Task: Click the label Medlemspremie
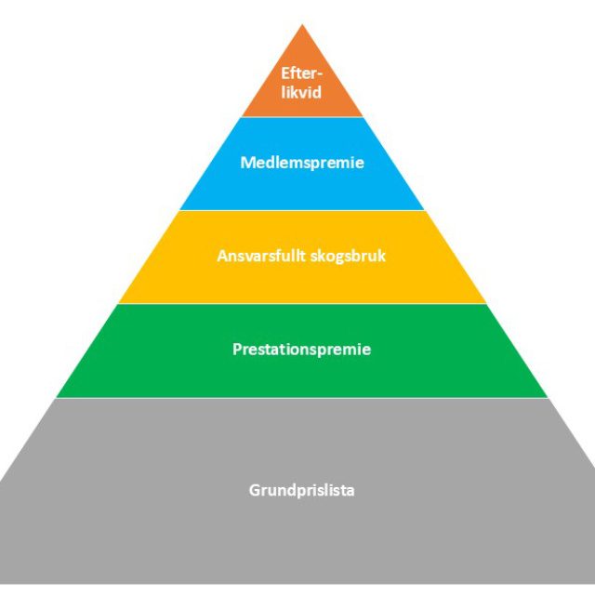(302, 164)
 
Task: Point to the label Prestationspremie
(302, 350)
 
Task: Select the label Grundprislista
(302, 490)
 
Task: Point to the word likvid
(302, 94)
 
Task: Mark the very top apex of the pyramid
(302, 27)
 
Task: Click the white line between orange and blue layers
(302, 117)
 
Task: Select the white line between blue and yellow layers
(302, 210)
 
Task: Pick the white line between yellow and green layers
(302, 304)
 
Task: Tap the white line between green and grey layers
(302, 398)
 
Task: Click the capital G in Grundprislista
(255, 490)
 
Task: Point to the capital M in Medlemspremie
(246, 164)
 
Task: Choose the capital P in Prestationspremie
(236, 350)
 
